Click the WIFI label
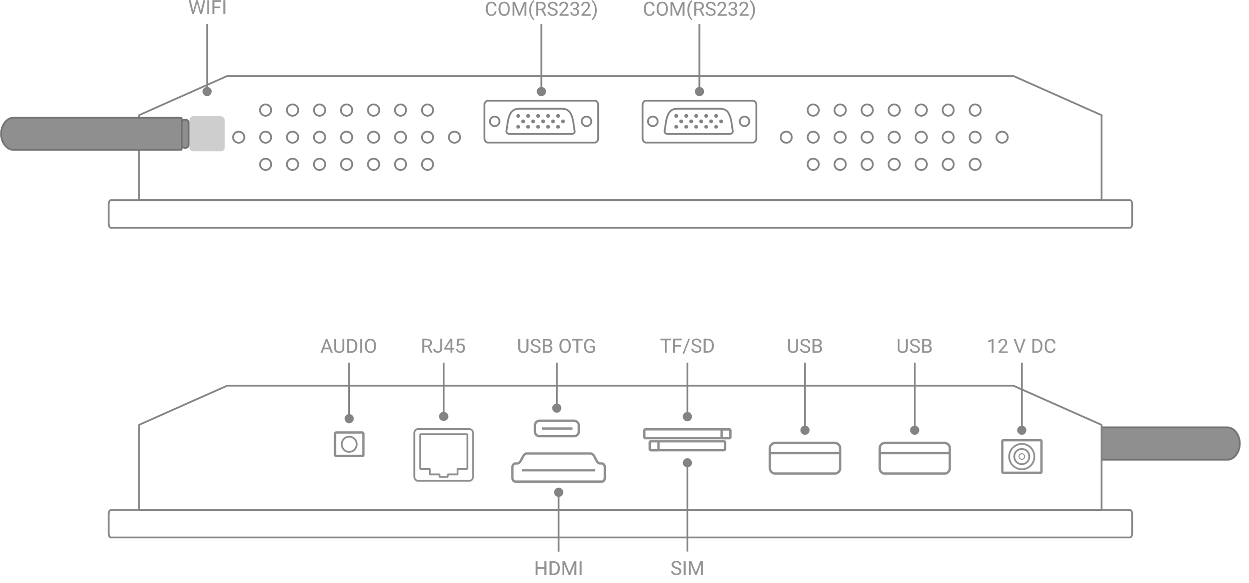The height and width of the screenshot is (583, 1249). click(x=207, y=8)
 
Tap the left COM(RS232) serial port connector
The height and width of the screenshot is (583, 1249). click(x=541, y=122)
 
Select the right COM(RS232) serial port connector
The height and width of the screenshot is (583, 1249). click(x=699, y=122)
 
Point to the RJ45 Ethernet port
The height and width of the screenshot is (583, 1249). click(x=443, y=454)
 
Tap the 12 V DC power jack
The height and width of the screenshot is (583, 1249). click(x=1022, y=456)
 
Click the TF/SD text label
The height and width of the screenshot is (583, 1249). click(x=687, y=346)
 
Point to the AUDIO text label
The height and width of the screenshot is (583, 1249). click(x=349, y=346)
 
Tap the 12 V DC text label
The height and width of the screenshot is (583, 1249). click(x=1022, y=346)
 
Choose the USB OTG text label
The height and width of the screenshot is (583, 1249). click(x=557, y=346)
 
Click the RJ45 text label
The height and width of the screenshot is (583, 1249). click(x=443, y=346)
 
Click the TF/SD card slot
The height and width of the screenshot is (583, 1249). click(x=687, y=433)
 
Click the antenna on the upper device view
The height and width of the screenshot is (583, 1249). click(x=92, y=133)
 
